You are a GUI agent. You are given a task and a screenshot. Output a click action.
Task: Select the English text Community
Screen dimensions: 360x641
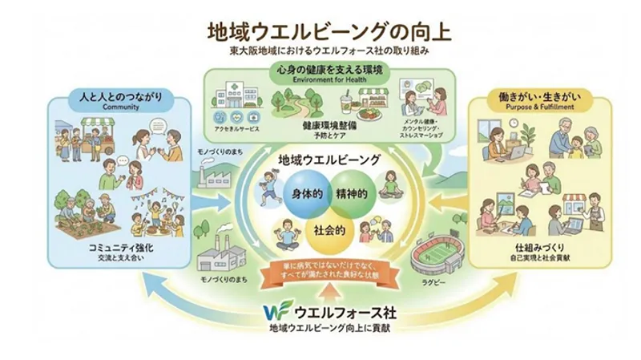[121, 107]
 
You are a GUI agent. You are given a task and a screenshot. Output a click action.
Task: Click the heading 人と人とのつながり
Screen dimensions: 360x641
[121, 97]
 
